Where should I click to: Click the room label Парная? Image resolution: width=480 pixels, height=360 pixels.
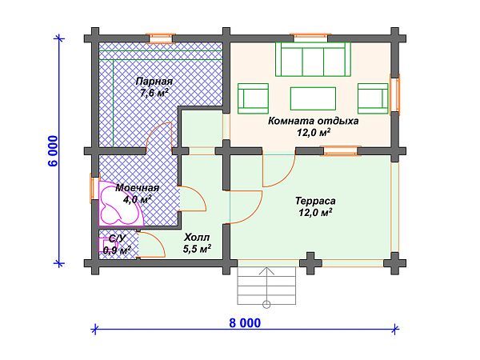154,82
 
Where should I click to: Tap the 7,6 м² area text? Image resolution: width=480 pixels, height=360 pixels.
154,93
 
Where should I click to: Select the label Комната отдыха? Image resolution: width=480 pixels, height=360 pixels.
314,121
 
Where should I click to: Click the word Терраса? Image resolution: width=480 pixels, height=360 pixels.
314,202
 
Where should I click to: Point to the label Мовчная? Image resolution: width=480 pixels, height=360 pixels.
132,187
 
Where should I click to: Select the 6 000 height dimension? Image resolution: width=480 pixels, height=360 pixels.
53,150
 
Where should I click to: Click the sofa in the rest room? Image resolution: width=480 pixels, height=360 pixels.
313,58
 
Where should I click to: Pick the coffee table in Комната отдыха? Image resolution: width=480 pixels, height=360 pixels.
313,97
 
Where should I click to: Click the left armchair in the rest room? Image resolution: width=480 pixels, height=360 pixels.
254,97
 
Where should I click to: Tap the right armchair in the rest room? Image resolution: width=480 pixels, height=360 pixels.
372,97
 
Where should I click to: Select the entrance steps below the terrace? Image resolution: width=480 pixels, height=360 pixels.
266,285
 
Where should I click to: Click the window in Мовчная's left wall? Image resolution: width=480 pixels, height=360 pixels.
94,190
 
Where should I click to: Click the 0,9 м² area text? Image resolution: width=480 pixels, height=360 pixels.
117,250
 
